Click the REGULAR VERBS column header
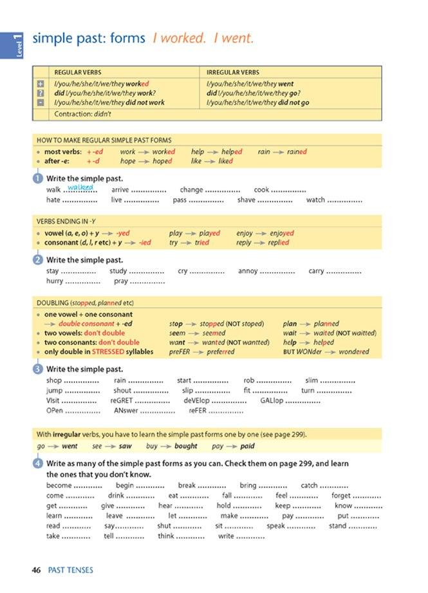click(78, 73)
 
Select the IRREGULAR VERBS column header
click(232, 73)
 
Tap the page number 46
click(37, 570)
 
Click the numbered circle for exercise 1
click(38, 178)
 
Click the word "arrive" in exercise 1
click(120, 190)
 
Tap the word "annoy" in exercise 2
click(248, 271)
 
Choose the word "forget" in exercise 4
click(341, 496)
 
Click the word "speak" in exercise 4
click(275, 526)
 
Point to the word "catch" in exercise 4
click(310, 485)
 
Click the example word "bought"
click(186, 446)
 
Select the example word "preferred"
click(220, 352)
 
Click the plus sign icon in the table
click(41, 84)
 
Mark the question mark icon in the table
click(41, 93)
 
